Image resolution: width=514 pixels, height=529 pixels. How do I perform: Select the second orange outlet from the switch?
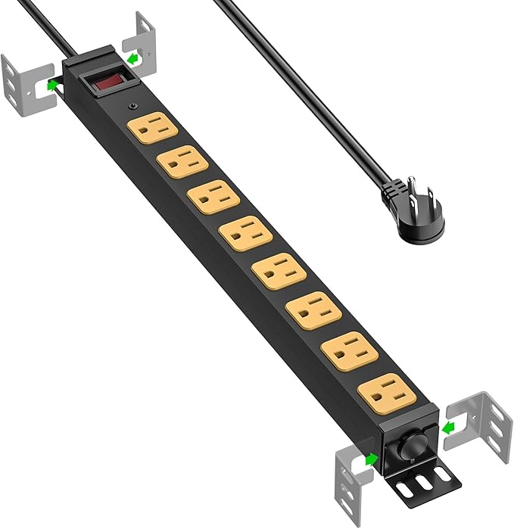182,160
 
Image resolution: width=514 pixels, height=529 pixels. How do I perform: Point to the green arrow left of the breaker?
371,459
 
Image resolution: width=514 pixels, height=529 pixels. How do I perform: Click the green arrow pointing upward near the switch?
52,85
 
